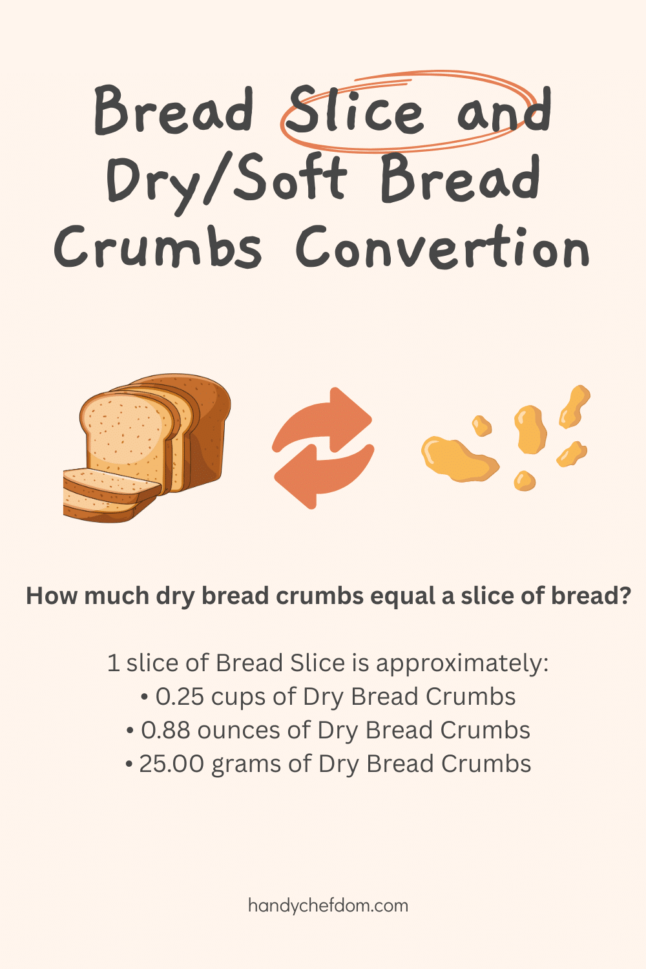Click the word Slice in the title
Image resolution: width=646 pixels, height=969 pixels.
(x=354, y=111)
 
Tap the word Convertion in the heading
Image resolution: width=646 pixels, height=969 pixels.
(x=443, y=248)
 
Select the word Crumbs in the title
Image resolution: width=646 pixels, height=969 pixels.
(x=158, y=248)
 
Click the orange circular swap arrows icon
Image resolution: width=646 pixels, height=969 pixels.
(x=323, y=447)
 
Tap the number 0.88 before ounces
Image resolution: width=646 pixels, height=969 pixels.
(x=166, y=731)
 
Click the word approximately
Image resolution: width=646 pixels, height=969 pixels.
(x=461, y=664)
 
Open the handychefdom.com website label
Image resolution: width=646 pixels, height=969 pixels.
(x=328, y=905)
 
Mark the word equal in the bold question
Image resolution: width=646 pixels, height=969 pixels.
(x=403, y=596)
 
